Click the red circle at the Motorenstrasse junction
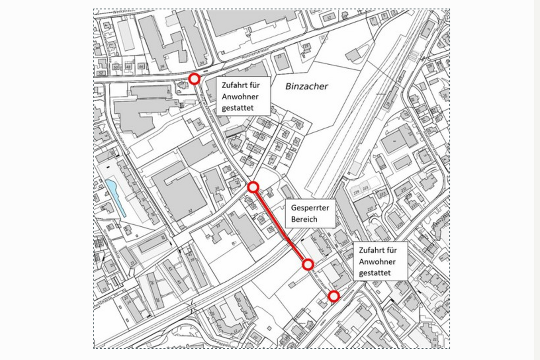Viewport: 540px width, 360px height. coord(194,79)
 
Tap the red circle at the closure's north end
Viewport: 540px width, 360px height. coord(253,187)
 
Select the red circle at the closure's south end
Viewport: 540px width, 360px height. coord(308,265)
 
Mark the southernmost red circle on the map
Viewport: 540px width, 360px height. coord(333,296)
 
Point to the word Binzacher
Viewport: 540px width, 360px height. coord(306,86)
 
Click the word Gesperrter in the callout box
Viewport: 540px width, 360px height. coord(310,209)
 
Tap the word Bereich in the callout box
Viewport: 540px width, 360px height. coord(304,219)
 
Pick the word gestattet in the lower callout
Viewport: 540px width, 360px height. coord(375,273)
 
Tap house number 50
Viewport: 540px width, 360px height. coord(116,67)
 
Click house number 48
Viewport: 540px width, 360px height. coord(128,67)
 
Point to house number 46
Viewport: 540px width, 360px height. coord(141,67)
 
